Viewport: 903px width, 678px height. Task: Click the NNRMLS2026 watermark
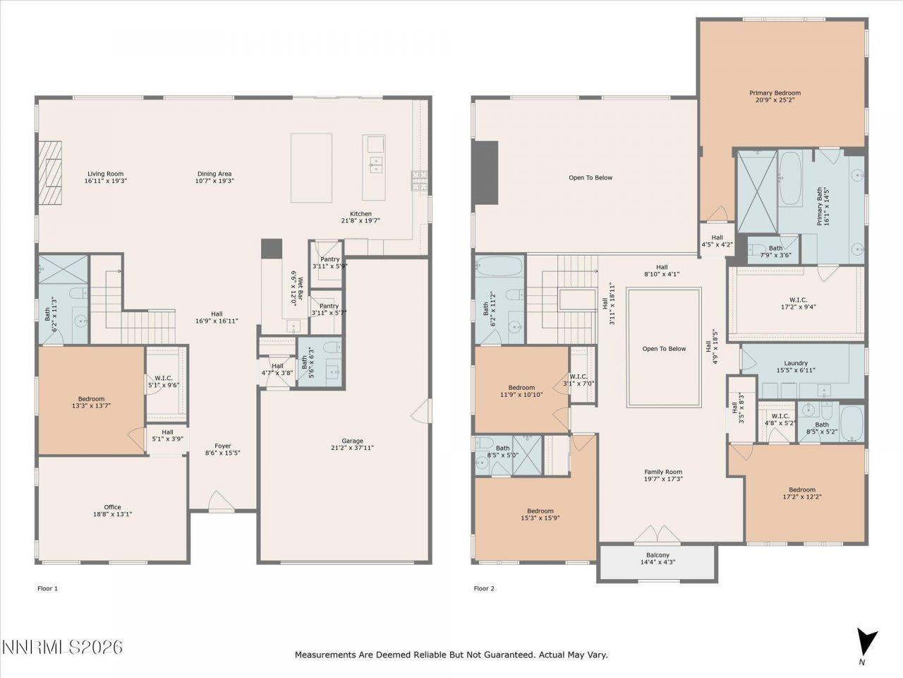click(x=62, y=647)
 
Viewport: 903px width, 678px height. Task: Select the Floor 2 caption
click(x=483, y=588)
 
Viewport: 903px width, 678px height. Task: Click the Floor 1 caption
click(x=47, y=588)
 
